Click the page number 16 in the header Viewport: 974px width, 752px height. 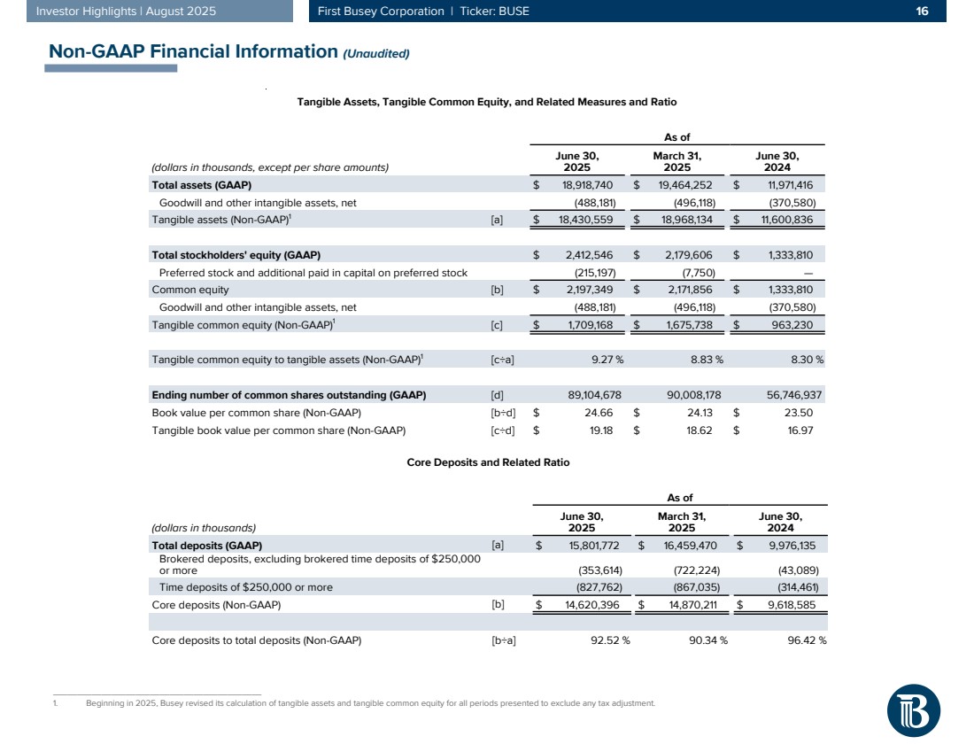tap(922, 12)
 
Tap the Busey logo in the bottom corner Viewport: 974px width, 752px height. tap(913, 709)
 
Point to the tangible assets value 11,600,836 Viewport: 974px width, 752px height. tap(783, 220)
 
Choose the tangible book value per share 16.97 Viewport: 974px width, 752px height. tap(799, 430)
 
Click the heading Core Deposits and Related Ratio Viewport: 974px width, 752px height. tap(488, 462)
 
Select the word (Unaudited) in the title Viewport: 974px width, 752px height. tap(375, 54)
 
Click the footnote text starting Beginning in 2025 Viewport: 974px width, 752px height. tap(370, 703)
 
